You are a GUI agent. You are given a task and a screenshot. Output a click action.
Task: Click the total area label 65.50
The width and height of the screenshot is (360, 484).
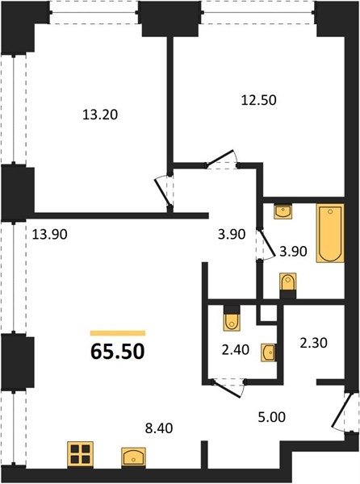[x=118, y=351]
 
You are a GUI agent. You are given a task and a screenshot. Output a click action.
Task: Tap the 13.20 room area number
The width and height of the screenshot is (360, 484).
[x=100, y=115]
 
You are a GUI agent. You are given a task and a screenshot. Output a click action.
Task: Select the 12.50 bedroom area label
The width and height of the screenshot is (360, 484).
[x=259, y=100]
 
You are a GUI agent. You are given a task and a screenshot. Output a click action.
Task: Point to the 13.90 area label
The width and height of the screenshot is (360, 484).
[x=50, y=235]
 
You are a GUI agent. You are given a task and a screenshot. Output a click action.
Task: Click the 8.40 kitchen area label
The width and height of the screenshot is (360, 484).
[x=159, y=428]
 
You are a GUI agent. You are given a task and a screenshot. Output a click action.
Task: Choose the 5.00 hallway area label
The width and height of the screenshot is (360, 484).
[x=272, y=417]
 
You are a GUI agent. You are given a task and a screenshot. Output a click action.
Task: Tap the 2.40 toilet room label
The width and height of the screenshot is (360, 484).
[x=236, y=350]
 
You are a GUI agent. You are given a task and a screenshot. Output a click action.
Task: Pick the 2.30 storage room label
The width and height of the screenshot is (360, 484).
[x=314, y=343]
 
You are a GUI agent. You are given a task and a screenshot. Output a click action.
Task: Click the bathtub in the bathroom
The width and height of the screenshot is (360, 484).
[x=330, y=233]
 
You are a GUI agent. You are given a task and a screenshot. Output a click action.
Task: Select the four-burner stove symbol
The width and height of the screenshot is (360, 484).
[x=81, y=455]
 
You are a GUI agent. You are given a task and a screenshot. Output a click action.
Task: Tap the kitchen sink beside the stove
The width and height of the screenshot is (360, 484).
[x=134, y=457]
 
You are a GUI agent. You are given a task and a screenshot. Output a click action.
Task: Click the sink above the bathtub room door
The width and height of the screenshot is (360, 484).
[x=283, y=212]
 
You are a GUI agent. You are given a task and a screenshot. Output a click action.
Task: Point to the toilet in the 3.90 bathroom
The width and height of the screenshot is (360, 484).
[x=288, y=282]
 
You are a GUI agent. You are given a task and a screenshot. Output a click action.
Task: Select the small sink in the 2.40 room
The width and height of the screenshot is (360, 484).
[x=268, y=353]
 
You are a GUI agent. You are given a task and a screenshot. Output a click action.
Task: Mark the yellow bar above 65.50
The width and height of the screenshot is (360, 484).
[x=118, y=333]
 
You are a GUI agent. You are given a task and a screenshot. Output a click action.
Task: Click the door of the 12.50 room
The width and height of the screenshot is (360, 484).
[x=221, y=159]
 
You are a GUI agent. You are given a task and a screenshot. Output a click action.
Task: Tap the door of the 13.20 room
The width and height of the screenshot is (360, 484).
[x=163, y=193]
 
